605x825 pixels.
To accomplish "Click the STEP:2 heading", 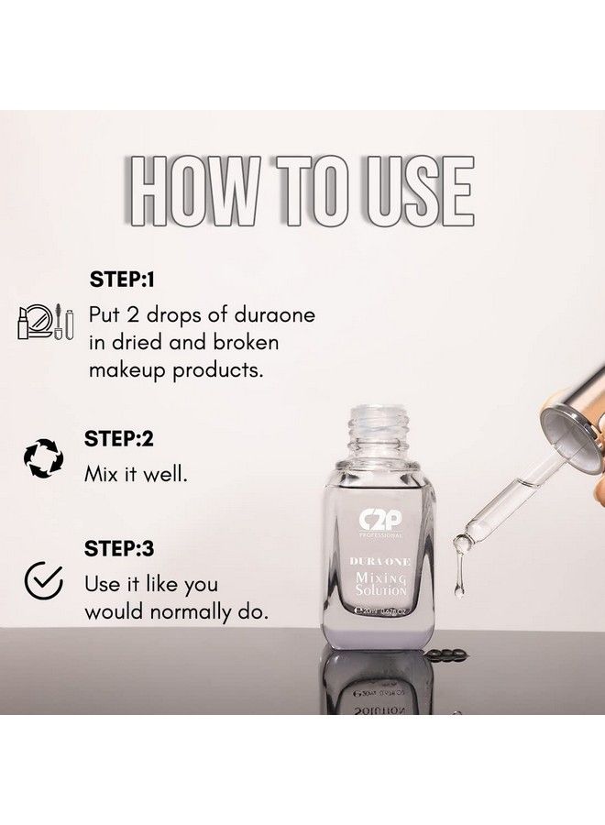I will pos(119,439).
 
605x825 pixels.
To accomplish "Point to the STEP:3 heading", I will pos(119,549).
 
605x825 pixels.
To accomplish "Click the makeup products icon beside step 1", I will pos(41,322).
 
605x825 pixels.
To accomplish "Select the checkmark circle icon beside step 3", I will pos(42,579).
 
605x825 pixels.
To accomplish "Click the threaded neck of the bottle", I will pos(376,431).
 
